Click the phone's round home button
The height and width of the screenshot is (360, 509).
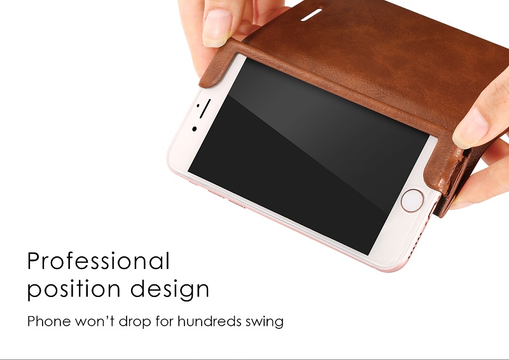(412, 200)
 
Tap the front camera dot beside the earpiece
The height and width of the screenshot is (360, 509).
(195, 129)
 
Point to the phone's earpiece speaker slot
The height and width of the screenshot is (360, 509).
(205, 109)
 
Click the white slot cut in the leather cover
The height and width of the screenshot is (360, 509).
(311, 15)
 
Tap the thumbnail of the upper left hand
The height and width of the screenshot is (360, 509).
(217, 27)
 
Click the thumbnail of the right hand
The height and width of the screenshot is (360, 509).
(470, 129)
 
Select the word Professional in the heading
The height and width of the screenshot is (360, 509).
(99, 261)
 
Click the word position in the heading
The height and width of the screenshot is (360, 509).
(74, 289)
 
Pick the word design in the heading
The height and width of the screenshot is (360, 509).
(170, 289)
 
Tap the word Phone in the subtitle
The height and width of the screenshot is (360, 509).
(49, 321)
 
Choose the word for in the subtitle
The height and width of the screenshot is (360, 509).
(164, 321)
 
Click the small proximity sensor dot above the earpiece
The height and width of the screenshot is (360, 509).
(198, 106)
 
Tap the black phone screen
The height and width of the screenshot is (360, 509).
(309, 156)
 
